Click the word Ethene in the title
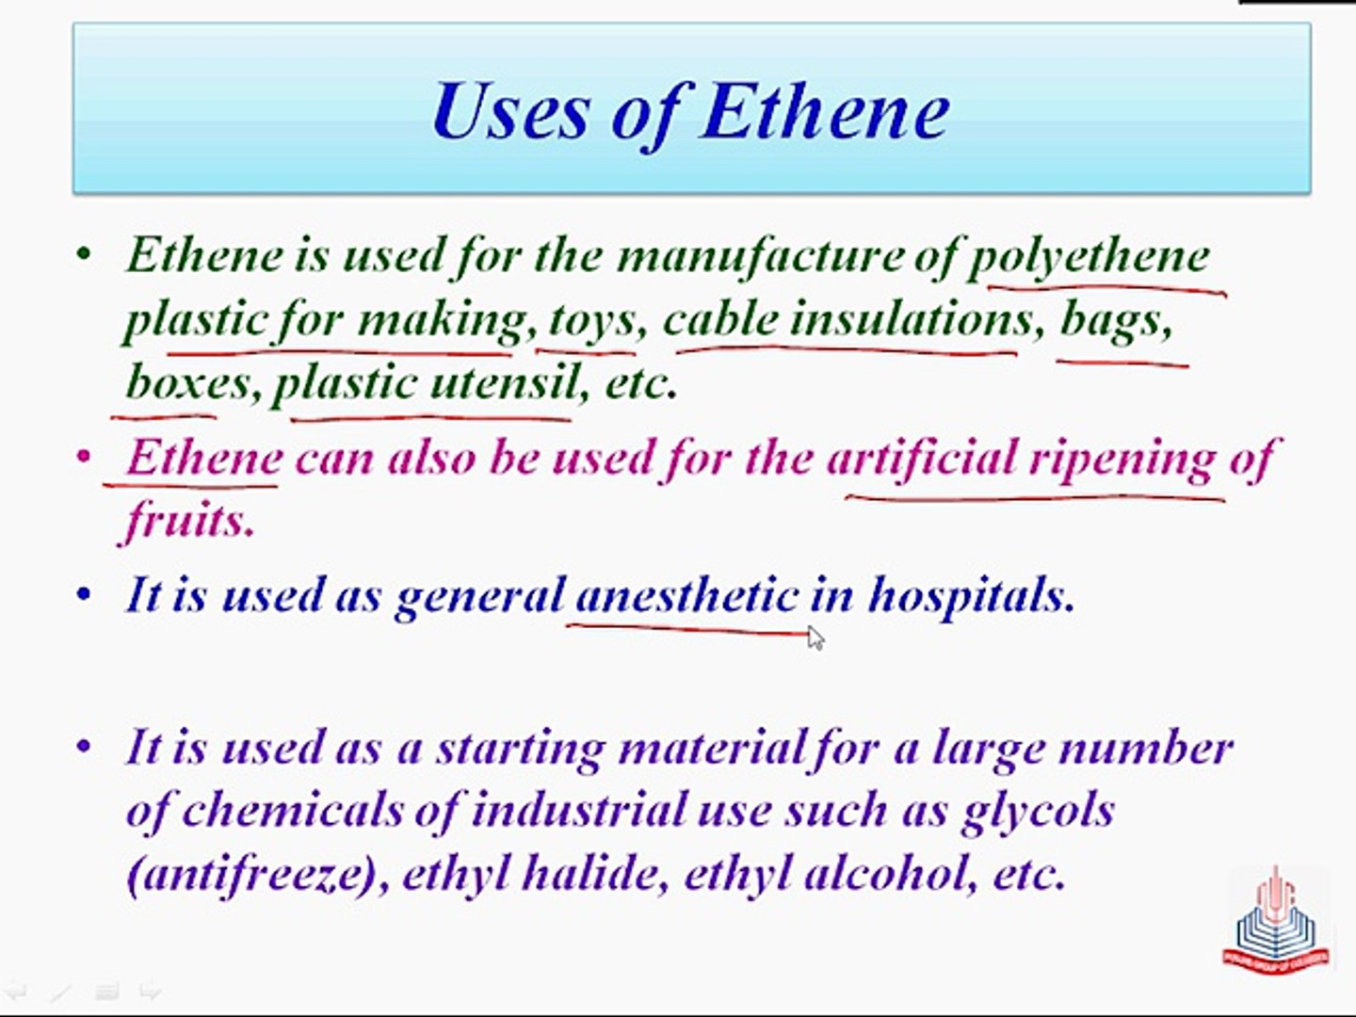[x=826, y=111]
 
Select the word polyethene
[x=1090, y=256]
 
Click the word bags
[x=1114, y=320]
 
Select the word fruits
[x=189, y=520]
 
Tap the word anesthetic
[x=687, y=595]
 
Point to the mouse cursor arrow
[x=815, y=638]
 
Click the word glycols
[x=1039, y=812]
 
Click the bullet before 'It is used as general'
[x=85, y=595]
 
